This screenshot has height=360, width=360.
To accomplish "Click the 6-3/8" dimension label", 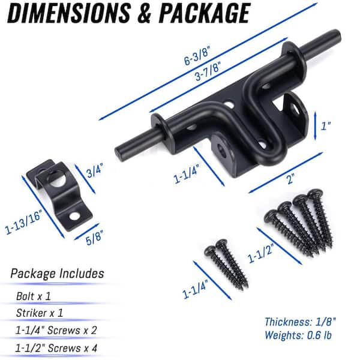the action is pos(197,55).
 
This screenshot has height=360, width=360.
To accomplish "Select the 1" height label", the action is pos(326,126).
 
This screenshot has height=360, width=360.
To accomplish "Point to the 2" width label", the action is pos(290,178).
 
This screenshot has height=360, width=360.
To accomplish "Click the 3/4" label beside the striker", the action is pos(95,170).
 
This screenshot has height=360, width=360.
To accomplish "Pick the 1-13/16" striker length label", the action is pos(23,221).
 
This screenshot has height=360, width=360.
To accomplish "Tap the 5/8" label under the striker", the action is pos(94,237).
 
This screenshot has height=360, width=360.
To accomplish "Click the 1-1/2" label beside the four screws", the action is pos(261,253).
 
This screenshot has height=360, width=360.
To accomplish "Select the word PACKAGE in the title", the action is pos(205,13).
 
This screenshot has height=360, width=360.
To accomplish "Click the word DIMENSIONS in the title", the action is pos(68,13).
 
